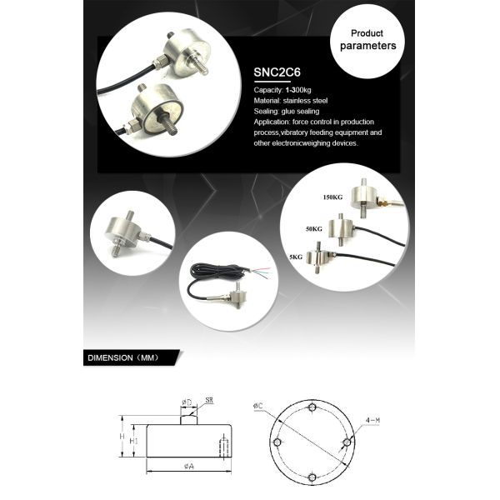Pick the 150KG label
coord(332,198)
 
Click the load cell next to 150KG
coord(367,196)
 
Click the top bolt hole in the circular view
coord(310,408)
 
